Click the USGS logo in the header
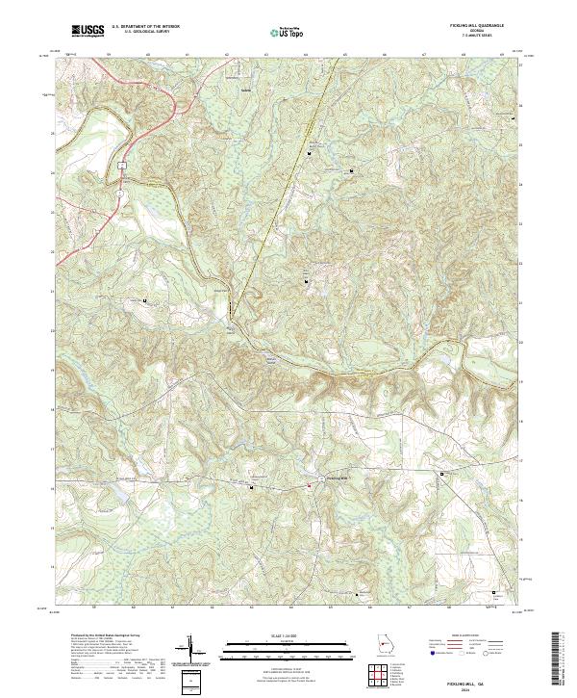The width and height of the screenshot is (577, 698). [88, 32]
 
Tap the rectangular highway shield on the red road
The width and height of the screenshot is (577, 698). [123, 165]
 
